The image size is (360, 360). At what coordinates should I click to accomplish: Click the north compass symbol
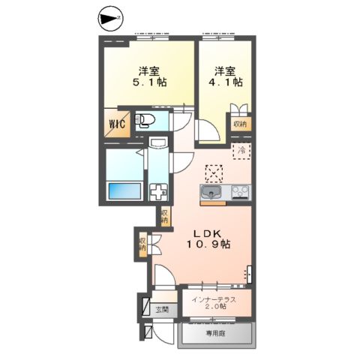(110, 18)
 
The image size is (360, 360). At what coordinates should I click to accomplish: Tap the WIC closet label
(117, 123)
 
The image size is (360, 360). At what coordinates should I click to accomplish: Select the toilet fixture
(145, 120)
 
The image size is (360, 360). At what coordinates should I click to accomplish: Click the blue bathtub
(124, 191)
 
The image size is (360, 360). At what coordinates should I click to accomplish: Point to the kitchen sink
(211, 193)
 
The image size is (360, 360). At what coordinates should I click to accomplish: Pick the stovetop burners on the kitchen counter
(240, 192)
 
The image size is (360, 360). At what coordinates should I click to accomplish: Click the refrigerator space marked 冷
(241, 151)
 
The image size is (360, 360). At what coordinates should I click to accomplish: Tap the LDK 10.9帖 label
(208, 239)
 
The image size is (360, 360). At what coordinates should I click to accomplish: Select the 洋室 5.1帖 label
(149, 76)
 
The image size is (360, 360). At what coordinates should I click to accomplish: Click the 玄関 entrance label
(162, 310)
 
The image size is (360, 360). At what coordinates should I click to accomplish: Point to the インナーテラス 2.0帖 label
(214, 302)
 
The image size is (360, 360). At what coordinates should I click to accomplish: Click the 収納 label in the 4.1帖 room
(240, 124)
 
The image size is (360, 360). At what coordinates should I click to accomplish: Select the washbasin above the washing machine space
(158, 142)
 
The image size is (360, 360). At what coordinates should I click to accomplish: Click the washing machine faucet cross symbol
(158, 191)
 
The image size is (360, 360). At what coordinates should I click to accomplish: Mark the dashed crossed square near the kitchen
(214, 173)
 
